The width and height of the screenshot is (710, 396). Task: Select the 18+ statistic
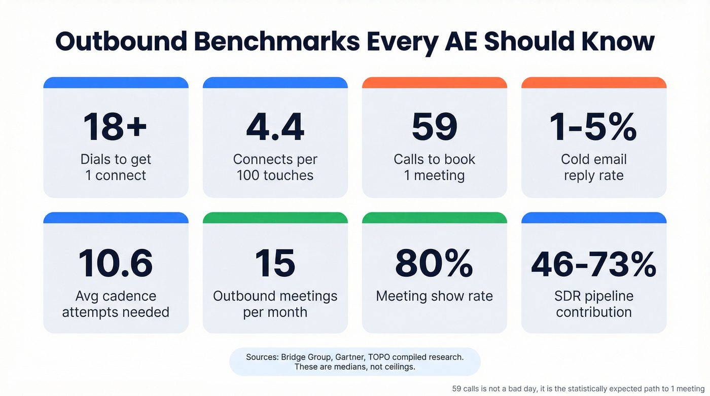tap(116, 127)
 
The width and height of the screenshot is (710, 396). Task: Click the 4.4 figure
tap(275, 127)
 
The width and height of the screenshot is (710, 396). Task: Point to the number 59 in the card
tap(434, 127)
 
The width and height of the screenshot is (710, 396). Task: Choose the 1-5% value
tap(593, 127)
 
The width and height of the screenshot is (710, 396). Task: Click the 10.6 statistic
tap(116, 263)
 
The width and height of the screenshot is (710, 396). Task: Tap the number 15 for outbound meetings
tap(275, 263)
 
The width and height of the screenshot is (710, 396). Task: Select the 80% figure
tap(434, 263)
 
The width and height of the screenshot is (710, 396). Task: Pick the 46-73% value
tap(593, 263)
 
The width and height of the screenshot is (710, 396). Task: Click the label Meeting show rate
tap(434, 296)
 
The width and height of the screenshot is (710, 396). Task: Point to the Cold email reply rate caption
tap(593, 167)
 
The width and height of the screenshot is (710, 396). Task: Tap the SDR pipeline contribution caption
tap(593, 304)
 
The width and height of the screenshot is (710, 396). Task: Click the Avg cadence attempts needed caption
tap(116, 304)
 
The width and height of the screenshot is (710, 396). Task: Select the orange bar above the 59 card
tap(434, 83)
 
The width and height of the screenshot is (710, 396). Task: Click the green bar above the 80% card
tap(434, 218)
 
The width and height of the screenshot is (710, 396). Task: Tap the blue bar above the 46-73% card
tap(593, 218)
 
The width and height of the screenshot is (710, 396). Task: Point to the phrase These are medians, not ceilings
tap(354, 367)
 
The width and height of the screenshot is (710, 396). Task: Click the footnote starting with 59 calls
tap(578, 388)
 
